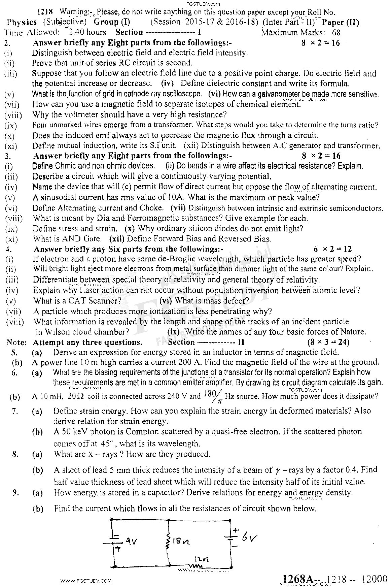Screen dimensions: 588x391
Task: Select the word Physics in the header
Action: coord(22,22)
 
